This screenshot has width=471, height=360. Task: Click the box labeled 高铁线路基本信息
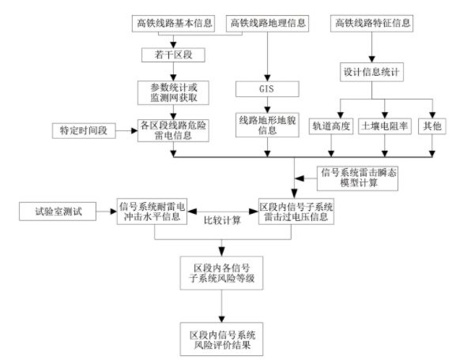tap(173, 24)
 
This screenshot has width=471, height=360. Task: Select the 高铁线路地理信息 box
tap(267, 24)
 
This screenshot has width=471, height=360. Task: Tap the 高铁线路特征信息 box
tap(372, 24)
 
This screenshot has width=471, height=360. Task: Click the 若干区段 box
tap(173, 55)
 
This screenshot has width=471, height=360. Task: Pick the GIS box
tap(267, 88)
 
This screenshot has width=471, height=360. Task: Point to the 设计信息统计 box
tap(372, 72)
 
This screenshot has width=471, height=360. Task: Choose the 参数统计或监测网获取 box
tap(173, 92)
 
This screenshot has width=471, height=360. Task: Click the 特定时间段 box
tap(84, 130)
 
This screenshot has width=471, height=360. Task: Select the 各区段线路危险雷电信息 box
tap(173, 130)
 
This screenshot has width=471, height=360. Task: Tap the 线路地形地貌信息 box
tap(267, 125)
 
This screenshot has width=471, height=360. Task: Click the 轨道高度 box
tap(331, 126)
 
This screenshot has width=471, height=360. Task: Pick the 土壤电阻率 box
tap(385, 126)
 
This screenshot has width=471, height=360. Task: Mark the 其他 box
tap(432, 126)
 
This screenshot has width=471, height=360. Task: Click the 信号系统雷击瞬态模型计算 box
tap(357, 178)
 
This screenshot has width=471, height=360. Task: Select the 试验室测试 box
tap(58, 212)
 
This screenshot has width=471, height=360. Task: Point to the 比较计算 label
tap(222, 221)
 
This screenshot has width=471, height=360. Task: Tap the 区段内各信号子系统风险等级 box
tap(222, 272)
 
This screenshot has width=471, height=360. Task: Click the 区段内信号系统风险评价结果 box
tap(222, 339)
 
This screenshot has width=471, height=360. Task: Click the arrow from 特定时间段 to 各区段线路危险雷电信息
tap(126, 130)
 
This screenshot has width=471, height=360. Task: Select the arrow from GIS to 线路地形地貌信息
tap(267, 105)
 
